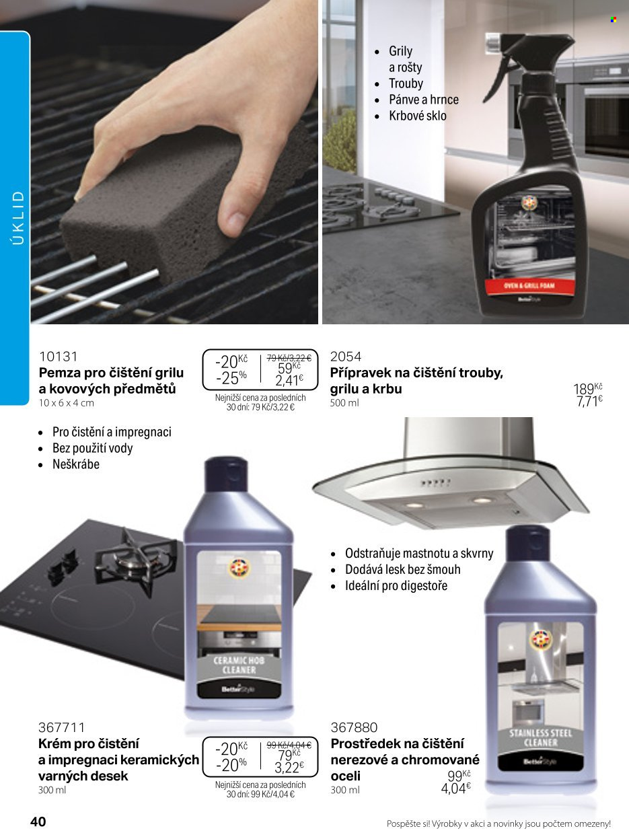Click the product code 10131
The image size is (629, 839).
click(x=58, y=357)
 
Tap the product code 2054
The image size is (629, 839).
click(x=346, y=357)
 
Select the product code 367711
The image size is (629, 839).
click(x=61, y=727)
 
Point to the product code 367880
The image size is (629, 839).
click(x=354, y=727)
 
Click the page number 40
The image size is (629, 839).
click(x=38, y=822)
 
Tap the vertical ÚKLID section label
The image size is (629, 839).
click(x=18, y=217)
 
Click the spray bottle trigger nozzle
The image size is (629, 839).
click(x=531, y=57)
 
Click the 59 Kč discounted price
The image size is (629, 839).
click(x=289, y=368)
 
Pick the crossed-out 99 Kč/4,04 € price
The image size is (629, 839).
click(x=289, y=745)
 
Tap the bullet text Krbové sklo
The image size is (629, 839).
click(x=417, y=116)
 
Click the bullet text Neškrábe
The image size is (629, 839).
click(x=75, y=464)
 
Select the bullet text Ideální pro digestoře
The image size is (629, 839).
click(x=396, y=585)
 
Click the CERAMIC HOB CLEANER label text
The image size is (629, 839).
click(x=239, y=665)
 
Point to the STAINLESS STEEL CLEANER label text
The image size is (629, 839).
click(x=540, y=737)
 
